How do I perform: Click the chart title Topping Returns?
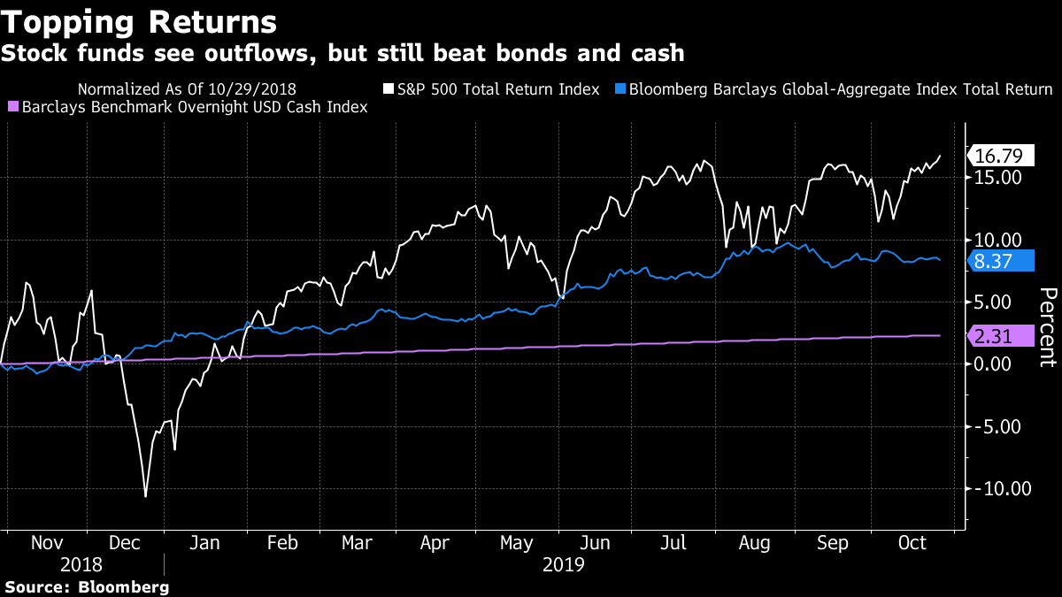click(139, 20)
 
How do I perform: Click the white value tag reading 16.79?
click(999, 157)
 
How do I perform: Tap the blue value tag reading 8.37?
click(999, 261)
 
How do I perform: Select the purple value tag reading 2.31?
click(999, 336)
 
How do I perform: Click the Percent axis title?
click(1047, 327)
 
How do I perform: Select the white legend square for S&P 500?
click(388, 89)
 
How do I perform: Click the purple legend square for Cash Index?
click(12, 107)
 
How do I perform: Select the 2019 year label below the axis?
click(563, 564)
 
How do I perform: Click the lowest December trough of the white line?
click(145, 496)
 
